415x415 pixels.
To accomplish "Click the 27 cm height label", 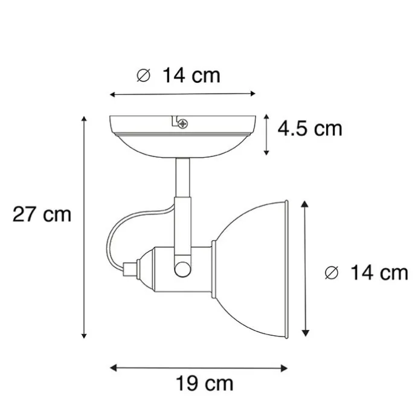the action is click(x=42, y=214).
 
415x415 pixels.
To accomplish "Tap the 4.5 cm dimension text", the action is click(x=310, y=129).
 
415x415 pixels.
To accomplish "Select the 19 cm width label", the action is click(x=205, y=384).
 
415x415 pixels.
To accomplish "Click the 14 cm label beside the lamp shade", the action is click(x=379, y=272).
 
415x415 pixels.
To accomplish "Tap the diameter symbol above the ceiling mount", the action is click(x=143, y=76).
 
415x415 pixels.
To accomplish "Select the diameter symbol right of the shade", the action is click(x=332, y=273).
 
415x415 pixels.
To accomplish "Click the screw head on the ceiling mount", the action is click(x=182, y=124).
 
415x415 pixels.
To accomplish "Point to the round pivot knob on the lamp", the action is click(x=182, y=269).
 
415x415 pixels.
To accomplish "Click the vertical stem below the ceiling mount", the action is click(x=182, y=178).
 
